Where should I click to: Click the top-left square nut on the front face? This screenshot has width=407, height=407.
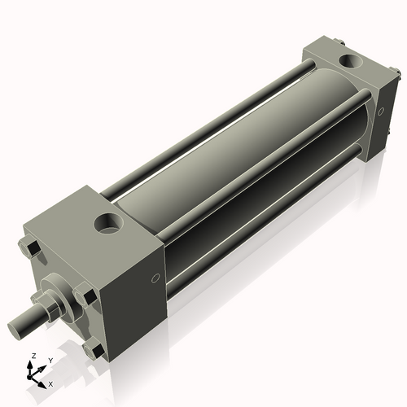click(32, 246)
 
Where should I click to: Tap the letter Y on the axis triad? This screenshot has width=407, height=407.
click(50, 359)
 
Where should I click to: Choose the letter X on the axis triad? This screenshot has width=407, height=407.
click(50, 383)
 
